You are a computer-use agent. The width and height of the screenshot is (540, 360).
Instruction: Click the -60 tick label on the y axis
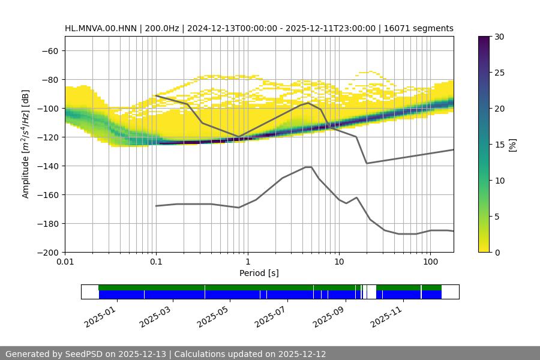click(x=49, y=50)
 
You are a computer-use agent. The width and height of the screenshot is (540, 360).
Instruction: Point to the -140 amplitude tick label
click(x=47, y=166)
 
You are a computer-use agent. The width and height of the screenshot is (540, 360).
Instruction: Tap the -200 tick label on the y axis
click(x=47, y=252)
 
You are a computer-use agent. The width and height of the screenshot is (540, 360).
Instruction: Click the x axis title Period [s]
click(x=259, y=274)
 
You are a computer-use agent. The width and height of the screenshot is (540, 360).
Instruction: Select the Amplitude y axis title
click(x=26, y=144)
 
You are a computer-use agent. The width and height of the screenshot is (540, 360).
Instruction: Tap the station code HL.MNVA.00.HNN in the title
click(x=100, y=28)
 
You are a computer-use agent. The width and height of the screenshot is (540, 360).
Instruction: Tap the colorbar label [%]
click(x=512, y=144)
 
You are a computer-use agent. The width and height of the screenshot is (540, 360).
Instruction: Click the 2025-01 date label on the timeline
click(x=100, y=314)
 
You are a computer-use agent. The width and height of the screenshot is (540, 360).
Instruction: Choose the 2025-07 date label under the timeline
click(x=271, y=314)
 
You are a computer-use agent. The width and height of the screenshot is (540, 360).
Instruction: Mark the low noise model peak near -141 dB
click(x=308, y=167)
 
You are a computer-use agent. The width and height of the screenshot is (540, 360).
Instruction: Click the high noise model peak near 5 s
click(x=308, y=103)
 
